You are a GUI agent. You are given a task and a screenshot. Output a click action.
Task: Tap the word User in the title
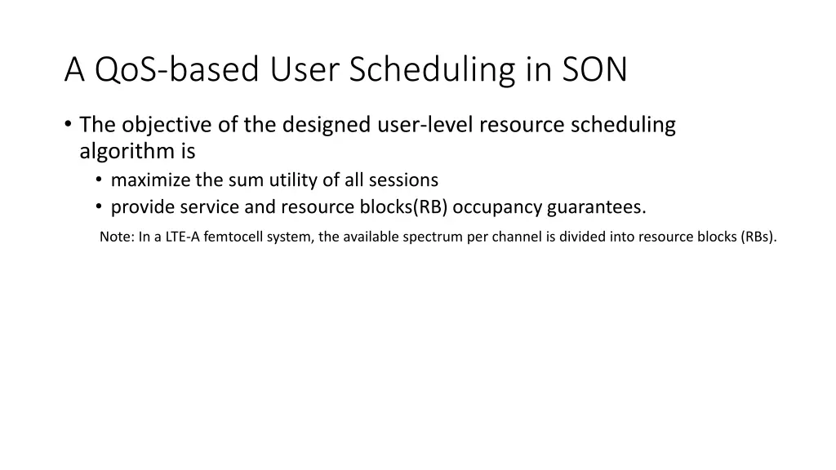pyautogui.click(x=300, y=70)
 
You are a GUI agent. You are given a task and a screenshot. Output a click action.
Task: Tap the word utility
pyautogui.click(x=296, y=180)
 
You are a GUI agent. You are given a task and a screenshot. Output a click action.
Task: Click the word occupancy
pyautogui.click(x=497, y=207)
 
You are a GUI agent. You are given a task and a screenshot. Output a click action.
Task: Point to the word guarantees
pyautogui.click(x=596, y=207)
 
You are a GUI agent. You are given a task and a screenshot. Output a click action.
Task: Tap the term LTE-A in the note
pyautogui.click(x=182, y=237)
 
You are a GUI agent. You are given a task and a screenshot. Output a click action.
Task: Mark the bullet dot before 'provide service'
pyautogui.click(x=99, y=207)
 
